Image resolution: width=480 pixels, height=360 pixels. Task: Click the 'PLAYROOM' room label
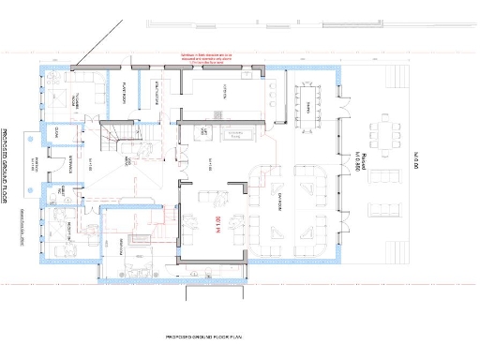(124, 92)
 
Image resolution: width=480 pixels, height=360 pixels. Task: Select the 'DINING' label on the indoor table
(307, 107)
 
